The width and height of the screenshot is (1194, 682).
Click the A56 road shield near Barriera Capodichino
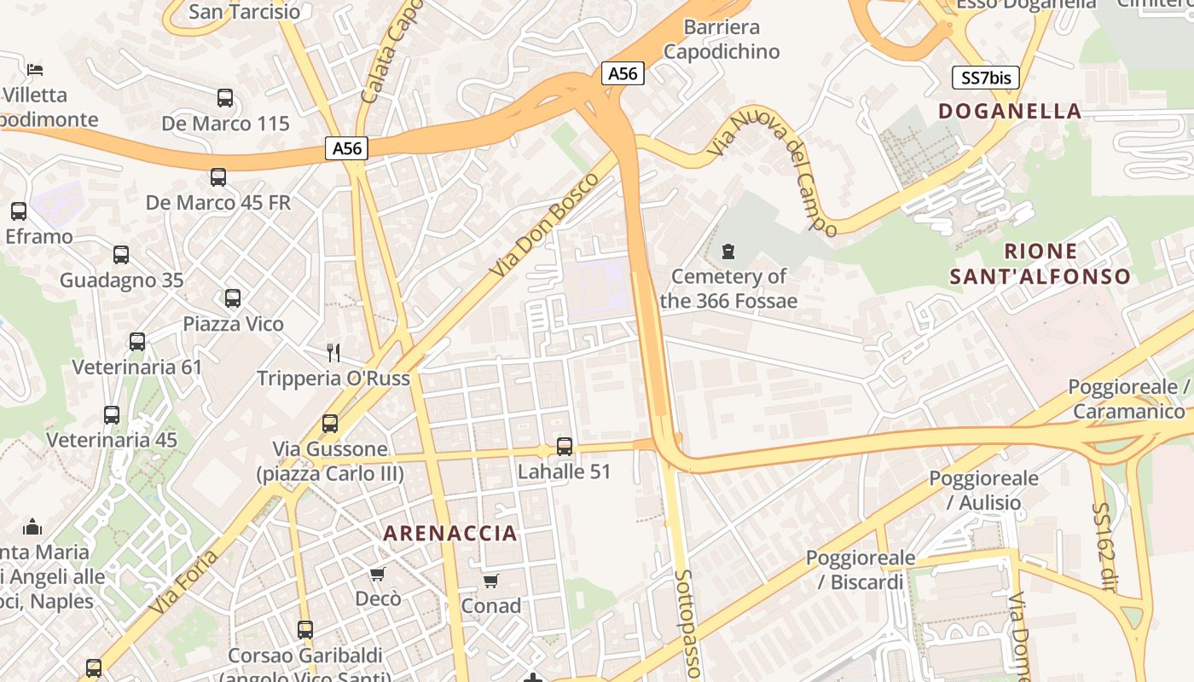(x=623, y=74)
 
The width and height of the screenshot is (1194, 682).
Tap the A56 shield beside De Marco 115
(x=347, y=149)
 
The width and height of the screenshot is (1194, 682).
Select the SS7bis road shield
(x=986, y=78)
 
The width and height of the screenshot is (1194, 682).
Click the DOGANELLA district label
(x=1010, y=111)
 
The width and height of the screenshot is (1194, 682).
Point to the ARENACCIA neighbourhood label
(x=450, y=534)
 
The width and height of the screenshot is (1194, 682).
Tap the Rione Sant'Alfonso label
(x=1040, y=264)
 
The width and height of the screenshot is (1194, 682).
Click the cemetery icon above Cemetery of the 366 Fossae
(x=728, y=251)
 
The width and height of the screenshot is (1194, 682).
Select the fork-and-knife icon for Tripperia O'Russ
(x=333, y=352)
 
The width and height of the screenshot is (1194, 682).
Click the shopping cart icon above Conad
(x=490, y=581)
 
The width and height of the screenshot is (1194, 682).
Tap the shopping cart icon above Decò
(x=378, y=574)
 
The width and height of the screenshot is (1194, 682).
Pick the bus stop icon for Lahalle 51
(x=565, y=447)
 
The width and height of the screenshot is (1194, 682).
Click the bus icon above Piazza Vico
(x=233, y=298)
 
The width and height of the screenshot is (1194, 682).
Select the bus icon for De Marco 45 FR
(x=218, y=177)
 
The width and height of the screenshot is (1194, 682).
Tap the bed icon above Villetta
(x=34, y=69)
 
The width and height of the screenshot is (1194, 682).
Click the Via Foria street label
(x=184, y=582)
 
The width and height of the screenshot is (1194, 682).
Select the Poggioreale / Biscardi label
(x=861, y=569)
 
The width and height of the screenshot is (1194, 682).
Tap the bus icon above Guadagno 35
(x=121, y=255)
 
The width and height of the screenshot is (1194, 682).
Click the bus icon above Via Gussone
(x=330, y=424)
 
